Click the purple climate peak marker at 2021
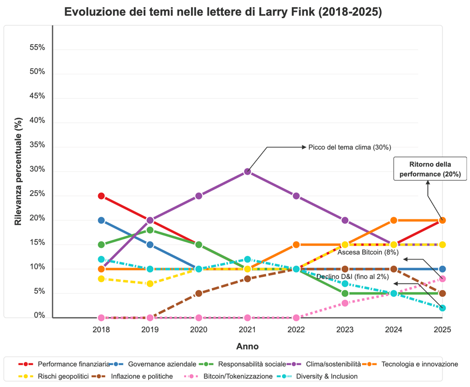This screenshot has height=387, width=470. click(x=247, y=171)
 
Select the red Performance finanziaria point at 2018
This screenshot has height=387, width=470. click(x=101, y=196)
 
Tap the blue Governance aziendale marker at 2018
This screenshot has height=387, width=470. click(x=101, y=220)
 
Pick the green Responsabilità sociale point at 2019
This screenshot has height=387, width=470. click(x=150, y=230)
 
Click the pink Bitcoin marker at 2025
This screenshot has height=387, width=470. click(x=442, y=279)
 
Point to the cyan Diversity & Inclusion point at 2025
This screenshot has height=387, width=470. click(x=442, y=308)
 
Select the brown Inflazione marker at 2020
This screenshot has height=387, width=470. click(x=199, y=293)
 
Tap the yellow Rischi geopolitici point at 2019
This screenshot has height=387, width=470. click(x=150, y=283)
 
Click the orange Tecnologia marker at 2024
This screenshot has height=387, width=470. click(x=394, y=220)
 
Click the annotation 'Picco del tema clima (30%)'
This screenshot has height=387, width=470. click(x=350, y=147)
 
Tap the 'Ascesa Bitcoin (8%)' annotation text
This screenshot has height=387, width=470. click(x=368, y=252)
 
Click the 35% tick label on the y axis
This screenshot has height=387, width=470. click(x=37, y=145)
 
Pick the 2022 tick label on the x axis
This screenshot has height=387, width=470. click(x=296, y=329)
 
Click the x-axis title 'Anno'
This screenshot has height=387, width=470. click(x=247, y=347)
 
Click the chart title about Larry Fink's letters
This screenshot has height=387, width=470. click(x=223, y=12)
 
